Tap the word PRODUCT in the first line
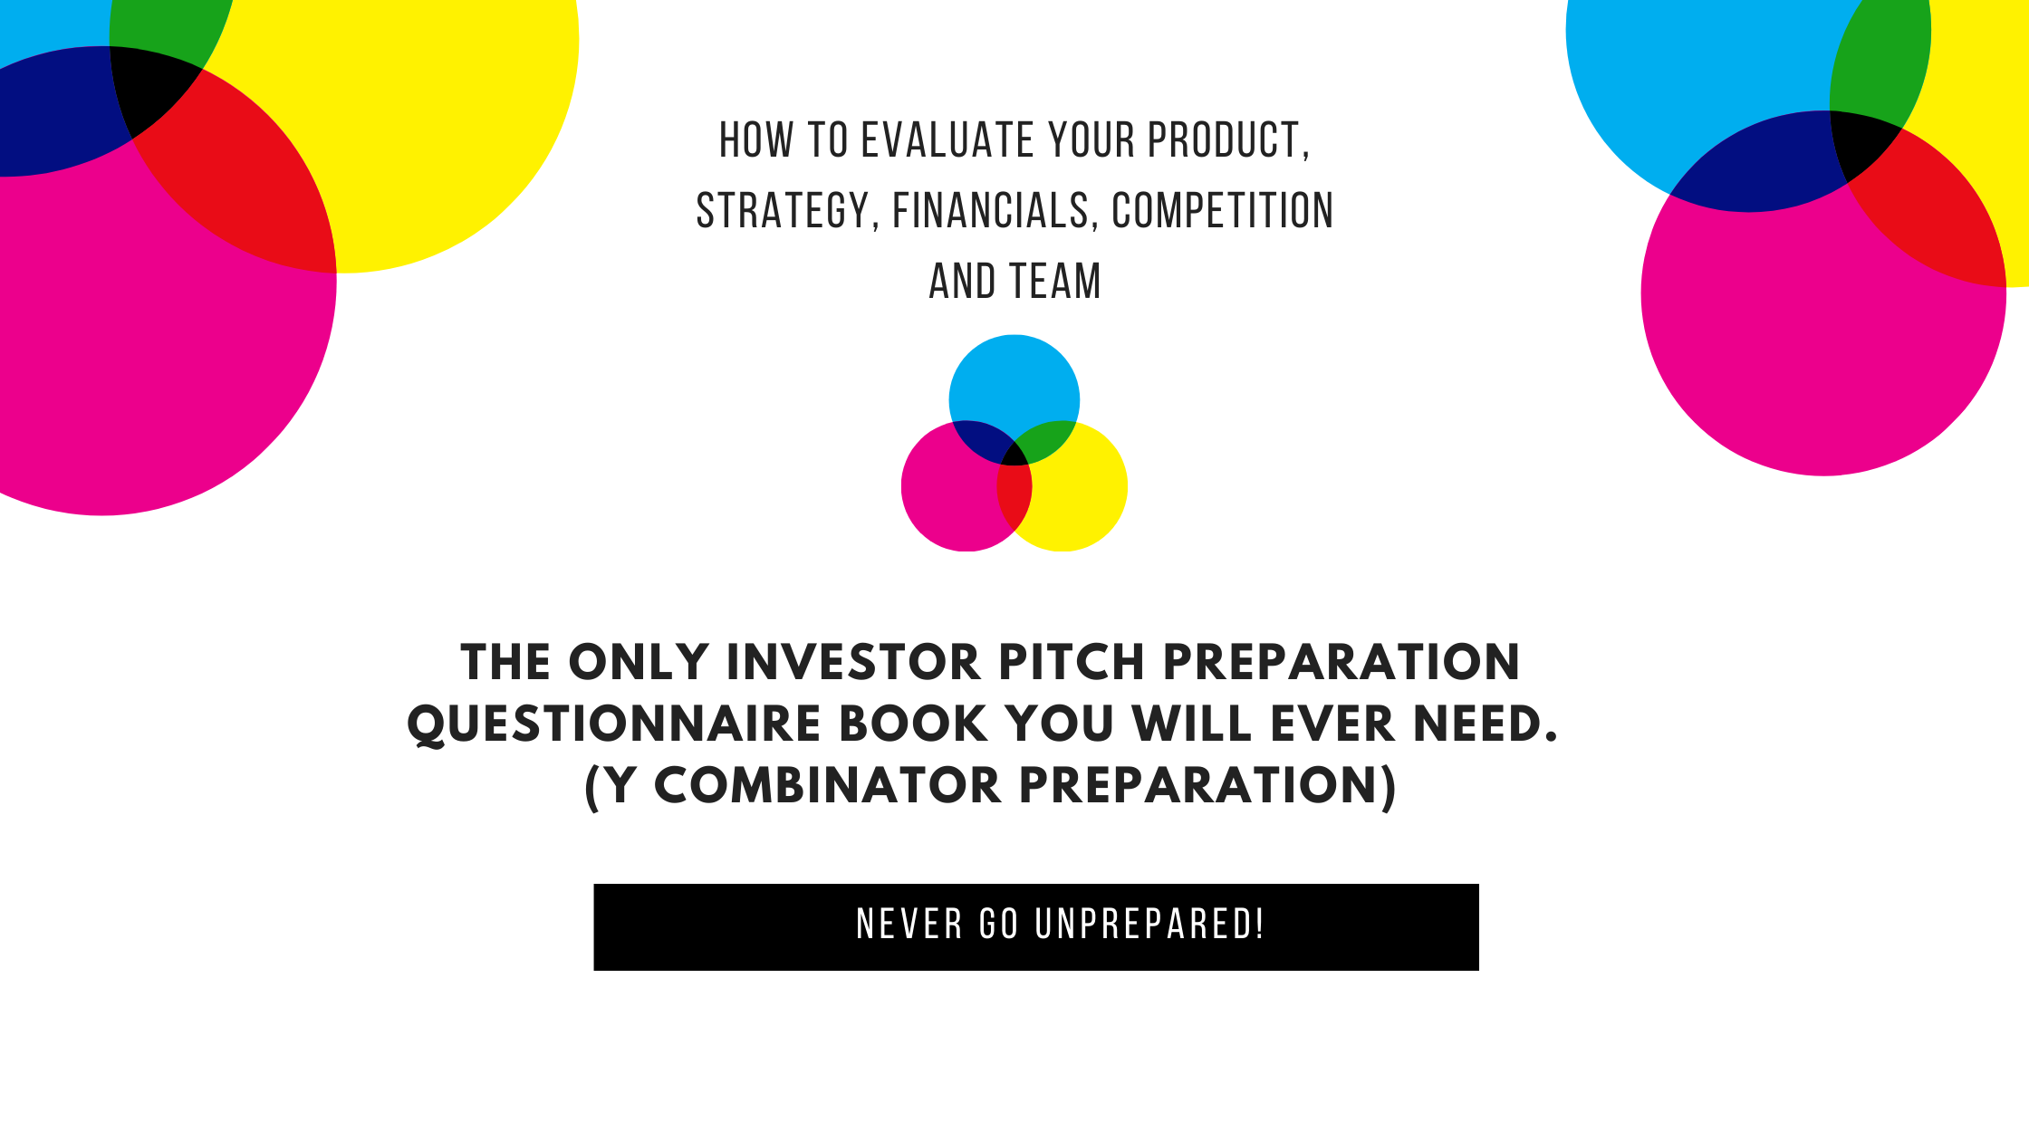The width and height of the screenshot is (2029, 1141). pyautogui.click(x=1228, y=141)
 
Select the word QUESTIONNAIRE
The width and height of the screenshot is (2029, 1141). pyautogui.click(x=615, y=724)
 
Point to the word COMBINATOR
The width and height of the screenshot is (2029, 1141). pyautogui.click(x=827, y=785)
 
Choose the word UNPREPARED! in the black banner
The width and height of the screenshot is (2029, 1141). pyautogui.click(x=1149, y=925)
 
